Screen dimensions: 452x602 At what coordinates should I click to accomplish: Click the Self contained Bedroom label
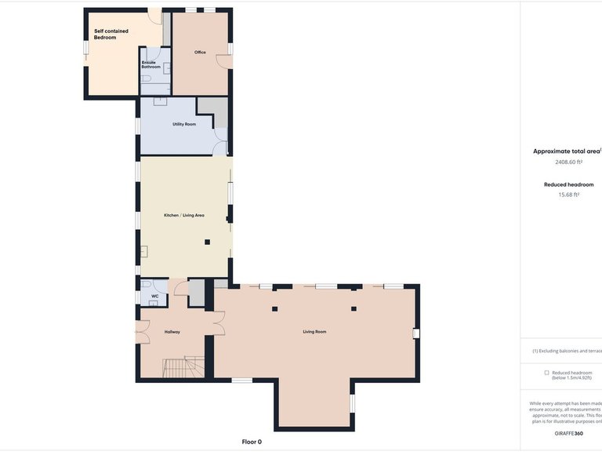(111, 34)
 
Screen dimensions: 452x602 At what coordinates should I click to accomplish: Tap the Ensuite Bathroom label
(150, 64)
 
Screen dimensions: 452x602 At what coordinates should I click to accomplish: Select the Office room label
(200, 52)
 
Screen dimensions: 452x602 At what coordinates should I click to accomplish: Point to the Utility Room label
(184, 124)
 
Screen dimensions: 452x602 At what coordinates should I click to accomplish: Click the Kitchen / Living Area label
(184, 215)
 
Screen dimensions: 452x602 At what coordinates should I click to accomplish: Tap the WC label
(154, 296)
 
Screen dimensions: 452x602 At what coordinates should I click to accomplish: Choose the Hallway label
(172, 332)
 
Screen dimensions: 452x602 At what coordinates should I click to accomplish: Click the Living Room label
(314, 332)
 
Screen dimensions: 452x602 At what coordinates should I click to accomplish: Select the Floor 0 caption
(252, 442)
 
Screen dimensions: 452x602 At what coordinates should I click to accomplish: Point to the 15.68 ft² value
(568, 195)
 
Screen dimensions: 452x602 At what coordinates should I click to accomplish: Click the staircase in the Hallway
(183, 366)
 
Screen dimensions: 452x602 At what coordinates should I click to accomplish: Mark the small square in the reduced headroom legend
(546, 373)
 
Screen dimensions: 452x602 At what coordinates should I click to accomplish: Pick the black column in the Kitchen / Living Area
(207, 242)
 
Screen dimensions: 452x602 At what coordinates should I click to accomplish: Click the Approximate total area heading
(567, 151)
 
